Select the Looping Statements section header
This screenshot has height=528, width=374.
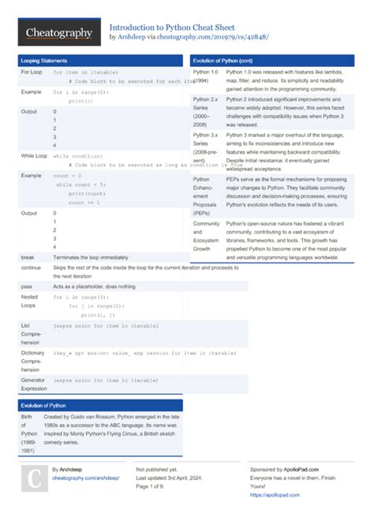pos(44,61)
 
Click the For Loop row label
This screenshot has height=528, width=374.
pos(32,72)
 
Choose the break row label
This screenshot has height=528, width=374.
pos(28,258)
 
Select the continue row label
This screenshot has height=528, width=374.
pos(31,268)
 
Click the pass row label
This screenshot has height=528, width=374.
pos(27,286)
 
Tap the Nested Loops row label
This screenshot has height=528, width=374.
pos(30,302)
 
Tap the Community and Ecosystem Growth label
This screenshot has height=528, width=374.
pos(207,236)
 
